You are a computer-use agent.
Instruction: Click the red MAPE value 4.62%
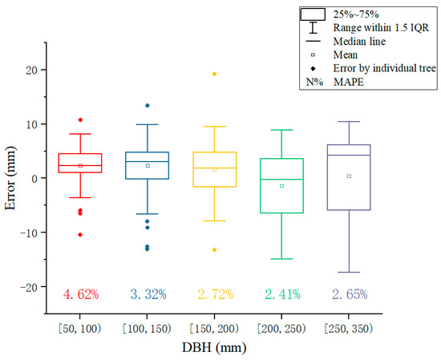[80, 294]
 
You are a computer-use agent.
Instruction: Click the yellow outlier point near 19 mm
[214, 74]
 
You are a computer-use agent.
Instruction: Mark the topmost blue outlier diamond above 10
[148, 106]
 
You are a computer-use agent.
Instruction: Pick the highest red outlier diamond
[80, 119]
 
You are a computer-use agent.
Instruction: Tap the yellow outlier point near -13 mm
[214, 249]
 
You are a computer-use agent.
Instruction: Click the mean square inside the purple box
[349, 176]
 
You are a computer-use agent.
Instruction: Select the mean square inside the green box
[281, 186]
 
